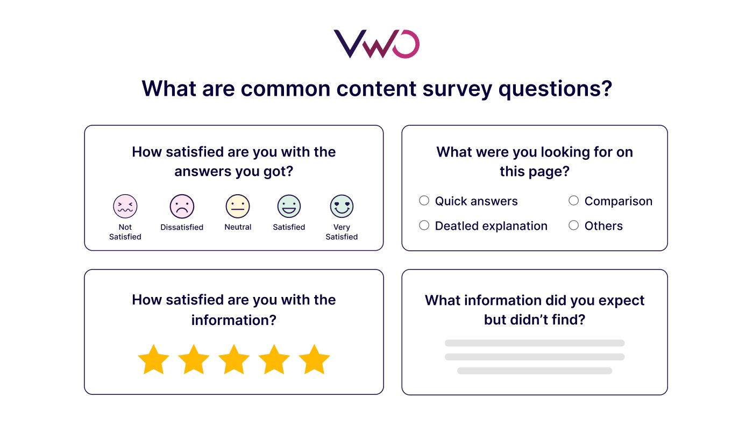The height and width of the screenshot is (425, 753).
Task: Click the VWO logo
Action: pos(376,44)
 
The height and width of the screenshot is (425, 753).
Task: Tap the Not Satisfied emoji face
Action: pos(125,206)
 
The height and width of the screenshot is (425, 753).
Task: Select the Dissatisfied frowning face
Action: pos(182,206)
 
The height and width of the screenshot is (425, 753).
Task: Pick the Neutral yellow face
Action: pos(238,206)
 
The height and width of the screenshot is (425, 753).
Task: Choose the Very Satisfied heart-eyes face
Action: pos(342,206)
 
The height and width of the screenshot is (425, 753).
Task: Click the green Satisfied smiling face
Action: pos(289,206)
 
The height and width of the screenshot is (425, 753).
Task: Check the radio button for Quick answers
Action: pos(424,201)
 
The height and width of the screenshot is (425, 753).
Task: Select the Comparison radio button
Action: pos(574,201)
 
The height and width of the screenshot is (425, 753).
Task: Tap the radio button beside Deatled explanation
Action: pos(424,225)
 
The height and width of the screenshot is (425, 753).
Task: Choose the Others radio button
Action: pos(574,225)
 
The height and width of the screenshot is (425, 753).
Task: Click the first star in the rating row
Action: pos(154,360)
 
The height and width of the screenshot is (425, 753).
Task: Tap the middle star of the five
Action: pos(234,360)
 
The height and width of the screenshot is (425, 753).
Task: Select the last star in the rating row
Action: pos(314,360)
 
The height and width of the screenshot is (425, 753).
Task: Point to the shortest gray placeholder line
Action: pos(535,371)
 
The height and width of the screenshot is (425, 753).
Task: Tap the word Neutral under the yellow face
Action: pos(238,227)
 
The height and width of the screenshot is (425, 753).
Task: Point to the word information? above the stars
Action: pos(234,320)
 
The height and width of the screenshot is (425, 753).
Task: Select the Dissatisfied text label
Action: pos(182,227)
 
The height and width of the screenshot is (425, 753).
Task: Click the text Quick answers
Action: pos(476,201)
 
